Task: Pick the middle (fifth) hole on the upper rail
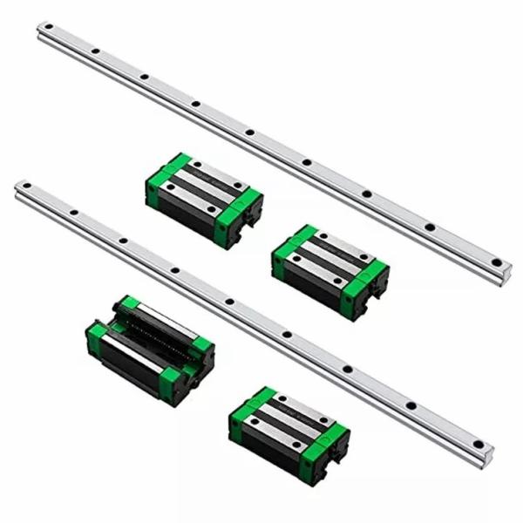tap(250, 132)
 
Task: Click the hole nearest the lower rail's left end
tap(27, 188)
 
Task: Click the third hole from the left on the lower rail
tap(124, 240)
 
